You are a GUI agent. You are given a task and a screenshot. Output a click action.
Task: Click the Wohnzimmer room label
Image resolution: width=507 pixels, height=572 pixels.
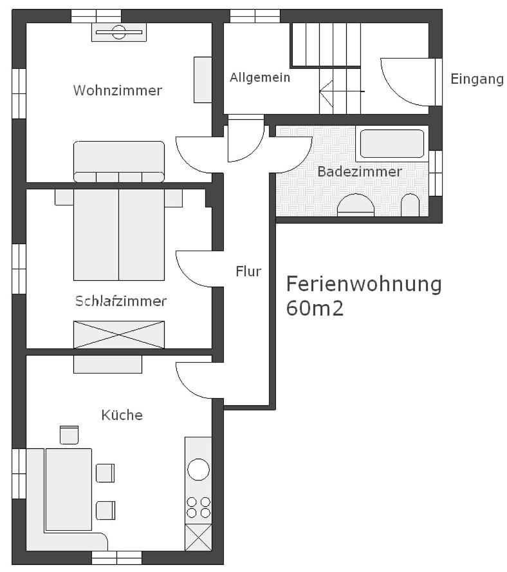117,90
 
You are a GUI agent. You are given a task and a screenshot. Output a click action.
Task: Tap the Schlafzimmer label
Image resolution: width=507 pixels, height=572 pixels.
120,301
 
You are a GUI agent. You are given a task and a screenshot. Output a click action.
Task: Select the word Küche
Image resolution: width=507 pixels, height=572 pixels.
122,415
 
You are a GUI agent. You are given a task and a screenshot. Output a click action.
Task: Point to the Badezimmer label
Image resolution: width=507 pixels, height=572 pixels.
359,171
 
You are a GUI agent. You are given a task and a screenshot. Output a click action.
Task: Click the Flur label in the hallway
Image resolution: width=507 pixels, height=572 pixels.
248,271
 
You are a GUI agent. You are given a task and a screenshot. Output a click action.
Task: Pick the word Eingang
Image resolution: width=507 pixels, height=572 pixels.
476,79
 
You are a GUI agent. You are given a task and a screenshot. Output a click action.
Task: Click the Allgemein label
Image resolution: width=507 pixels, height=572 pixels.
259,77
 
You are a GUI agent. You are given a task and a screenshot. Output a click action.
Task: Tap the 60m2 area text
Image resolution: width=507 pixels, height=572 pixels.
315,308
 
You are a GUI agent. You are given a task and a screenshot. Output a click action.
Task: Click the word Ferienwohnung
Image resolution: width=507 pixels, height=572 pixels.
364,283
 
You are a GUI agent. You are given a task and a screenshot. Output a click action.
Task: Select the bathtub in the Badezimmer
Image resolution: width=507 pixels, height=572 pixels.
391,144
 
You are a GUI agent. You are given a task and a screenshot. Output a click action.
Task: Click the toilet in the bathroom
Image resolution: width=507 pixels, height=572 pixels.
410,206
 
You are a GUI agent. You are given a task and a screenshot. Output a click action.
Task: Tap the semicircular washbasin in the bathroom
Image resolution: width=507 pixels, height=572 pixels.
356,205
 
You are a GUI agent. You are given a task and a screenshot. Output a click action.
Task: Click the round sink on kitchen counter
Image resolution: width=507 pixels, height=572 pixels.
198,469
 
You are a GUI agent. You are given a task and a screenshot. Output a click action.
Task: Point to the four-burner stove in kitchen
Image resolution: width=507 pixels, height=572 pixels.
198,507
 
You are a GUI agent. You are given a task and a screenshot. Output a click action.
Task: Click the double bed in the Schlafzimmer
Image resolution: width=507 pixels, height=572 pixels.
119,234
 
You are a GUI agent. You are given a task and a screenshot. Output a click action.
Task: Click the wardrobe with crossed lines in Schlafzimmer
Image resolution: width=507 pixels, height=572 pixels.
119,334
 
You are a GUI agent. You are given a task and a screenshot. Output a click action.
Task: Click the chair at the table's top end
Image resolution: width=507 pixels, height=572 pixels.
69,435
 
